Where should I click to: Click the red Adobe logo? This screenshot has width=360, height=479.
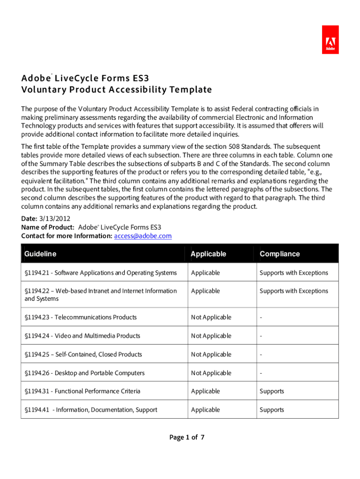[331, 40]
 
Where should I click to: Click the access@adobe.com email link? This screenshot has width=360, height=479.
[143, 236]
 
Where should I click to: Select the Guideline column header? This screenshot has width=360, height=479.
[40, 254]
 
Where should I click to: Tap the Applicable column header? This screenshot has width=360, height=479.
[208, 254]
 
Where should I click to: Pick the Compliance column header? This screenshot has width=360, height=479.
[280, 254]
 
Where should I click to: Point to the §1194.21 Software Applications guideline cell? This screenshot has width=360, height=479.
[101, 273]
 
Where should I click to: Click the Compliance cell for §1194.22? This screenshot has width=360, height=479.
[294, 291]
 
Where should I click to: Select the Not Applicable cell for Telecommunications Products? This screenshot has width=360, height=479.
[211, 317]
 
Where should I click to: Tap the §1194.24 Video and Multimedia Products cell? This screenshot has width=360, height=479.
[82, 336]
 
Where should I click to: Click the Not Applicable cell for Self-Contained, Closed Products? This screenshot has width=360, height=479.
[211, 354]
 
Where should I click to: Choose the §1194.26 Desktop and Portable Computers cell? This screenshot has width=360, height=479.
[85, 373]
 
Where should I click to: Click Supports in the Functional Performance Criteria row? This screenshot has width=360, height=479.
[272, 391]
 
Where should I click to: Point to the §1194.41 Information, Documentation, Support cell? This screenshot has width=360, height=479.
[91, 410]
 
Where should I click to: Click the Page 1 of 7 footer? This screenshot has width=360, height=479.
[187, 438]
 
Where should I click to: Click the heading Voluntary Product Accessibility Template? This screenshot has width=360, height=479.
[116, 89]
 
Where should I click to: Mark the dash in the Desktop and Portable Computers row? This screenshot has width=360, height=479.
[261, 373]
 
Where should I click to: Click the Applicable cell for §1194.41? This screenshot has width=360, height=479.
[205, 410]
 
